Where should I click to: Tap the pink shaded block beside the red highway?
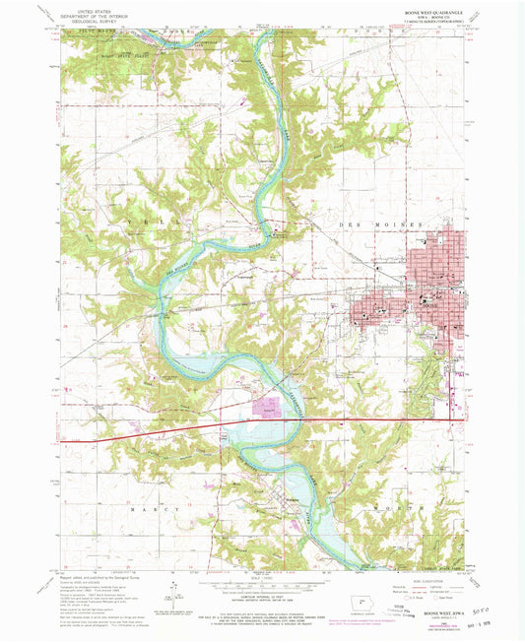click(x=267, y=404)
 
